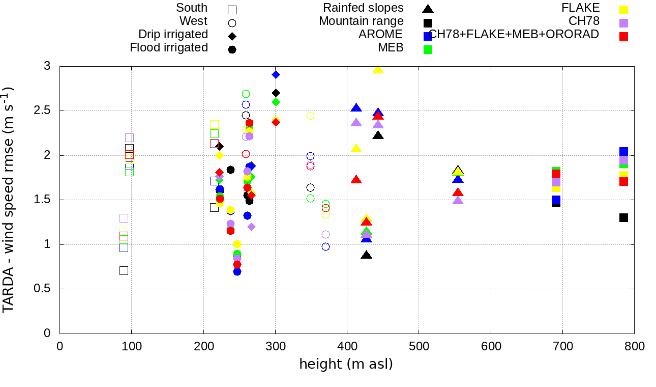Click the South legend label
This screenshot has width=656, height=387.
pyautogui.click(x=192, y=8)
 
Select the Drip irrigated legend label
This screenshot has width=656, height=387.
pyautogui.click(x=173, y=35)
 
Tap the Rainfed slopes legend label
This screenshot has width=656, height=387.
pyautogui.click(x=363, y=8)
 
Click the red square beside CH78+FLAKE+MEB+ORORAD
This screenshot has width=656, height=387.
pyautogui.click(x=623, y=36)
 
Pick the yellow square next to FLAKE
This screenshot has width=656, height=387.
pyautogui.click(x=623, y=10)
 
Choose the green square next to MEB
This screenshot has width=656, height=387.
pyautogui.click(x=428, y=49)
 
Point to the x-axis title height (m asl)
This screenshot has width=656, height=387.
pyautogui.click(x=346, y=365)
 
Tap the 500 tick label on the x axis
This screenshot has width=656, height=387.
pyautogui.click(x=419, y=347)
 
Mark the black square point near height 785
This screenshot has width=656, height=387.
pyautogui.click(x=623, y=217)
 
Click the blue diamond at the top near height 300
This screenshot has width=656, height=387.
pyautogui.click(x=276, y=74)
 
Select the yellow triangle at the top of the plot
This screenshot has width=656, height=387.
pyautogui.click(x=378, y=69)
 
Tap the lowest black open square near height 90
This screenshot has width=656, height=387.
pyautogui.click(x=124, y=270)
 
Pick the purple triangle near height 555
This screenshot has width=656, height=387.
pyautogui.click(x=458, y=200)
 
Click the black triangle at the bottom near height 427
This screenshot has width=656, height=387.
pyautogui.click(x=366, y=255)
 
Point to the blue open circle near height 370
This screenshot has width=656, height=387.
pyautogui.click(x=325, y=246)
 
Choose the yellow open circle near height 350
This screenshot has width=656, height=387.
pyautogui.click(x=310, y=116)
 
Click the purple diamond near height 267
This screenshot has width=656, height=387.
pyautogui.click(x=251, y=227)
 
